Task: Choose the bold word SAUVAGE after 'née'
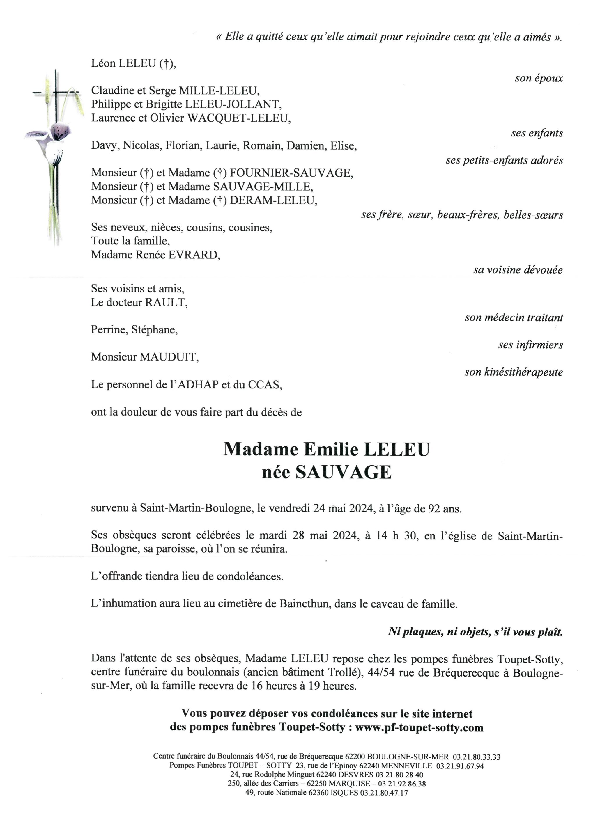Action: point(343,472)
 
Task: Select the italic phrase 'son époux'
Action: point(539,78)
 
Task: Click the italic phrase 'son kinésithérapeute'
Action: point(514,372)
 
